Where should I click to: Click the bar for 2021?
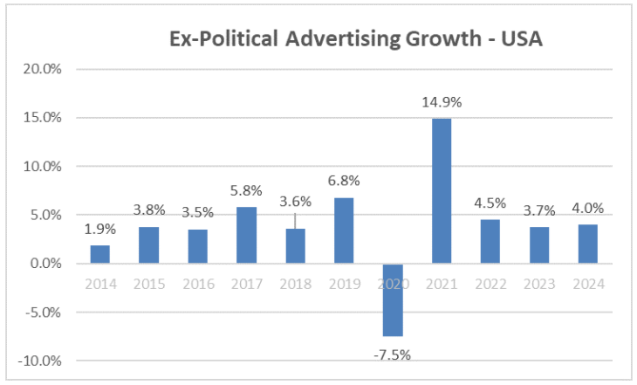pos(442,190)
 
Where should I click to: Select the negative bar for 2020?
pos(393,299)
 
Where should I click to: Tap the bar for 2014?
pos(99,254)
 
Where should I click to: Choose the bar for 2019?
pos(344,230)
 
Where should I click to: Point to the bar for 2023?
pos(540,245)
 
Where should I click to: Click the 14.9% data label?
pos(442,102)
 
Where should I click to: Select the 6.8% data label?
pos(344,181)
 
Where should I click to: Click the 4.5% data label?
pos(491,203)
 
